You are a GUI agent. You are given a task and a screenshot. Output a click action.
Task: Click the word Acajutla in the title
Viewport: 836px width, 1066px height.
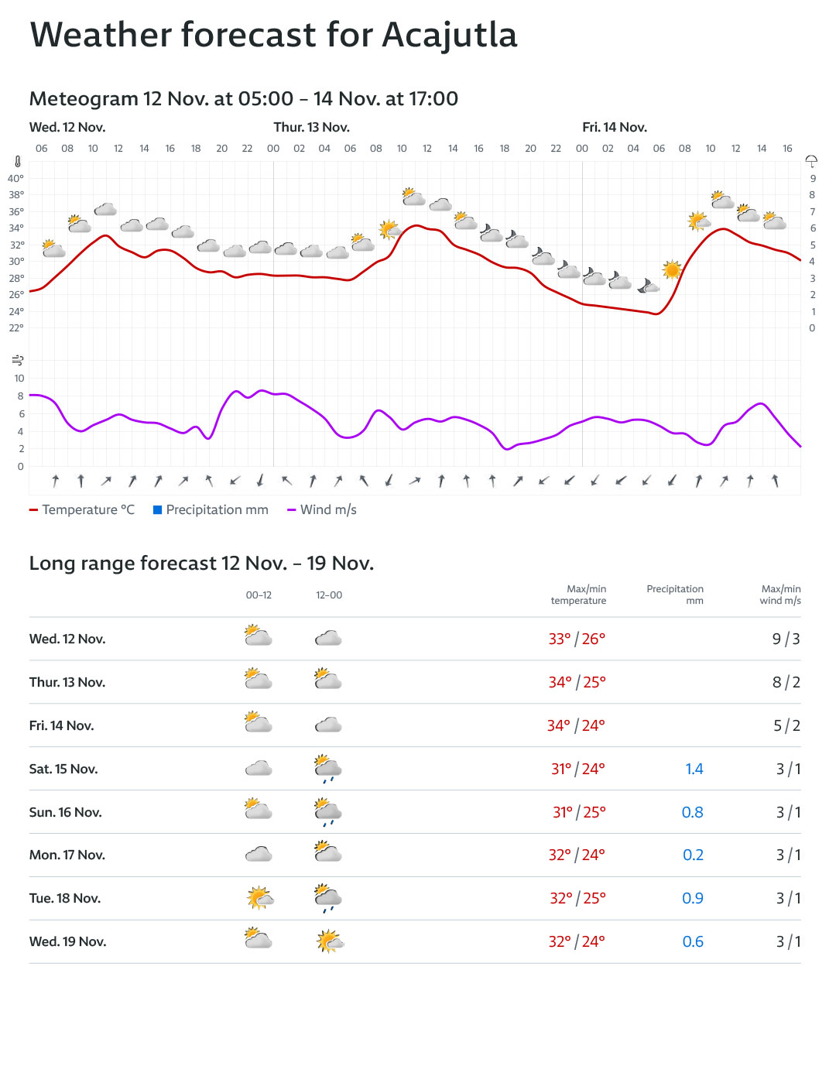[x=449, y=36]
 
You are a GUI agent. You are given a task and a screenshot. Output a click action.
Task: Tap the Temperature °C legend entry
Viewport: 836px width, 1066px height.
[x=82, y=509]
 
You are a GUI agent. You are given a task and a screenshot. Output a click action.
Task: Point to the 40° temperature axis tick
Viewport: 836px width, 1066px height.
[x=15, y=178]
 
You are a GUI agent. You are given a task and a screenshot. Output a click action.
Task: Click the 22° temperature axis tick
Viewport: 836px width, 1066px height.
[x=15, y=327]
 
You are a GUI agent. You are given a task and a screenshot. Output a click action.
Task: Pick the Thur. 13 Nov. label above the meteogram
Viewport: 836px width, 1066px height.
[x=311, y=127]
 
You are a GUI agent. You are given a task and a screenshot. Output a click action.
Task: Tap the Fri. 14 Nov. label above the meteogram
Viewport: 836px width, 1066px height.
[x=615, y=127]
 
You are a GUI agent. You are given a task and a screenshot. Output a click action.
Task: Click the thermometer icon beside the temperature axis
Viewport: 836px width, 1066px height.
[x=18, y=162]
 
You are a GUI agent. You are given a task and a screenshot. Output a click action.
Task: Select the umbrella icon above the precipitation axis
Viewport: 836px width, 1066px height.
[x=811, y=161]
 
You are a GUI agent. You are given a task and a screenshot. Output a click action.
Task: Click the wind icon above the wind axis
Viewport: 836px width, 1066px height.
[x=18, y=360]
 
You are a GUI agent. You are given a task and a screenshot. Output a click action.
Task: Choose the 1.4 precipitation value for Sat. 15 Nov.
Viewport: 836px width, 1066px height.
[x=694, y=769]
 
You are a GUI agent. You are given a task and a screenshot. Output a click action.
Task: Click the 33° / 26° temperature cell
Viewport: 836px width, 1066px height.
[x=577, y=639]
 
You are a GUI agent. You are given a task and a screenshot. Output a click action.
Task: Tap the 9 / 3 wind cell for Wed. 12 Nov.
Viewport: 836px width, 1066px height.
[x=786, y=639]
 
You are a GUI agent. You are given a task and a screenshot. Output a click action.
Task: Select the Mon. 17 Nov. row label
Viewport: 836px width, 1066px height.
[x=67, y=855]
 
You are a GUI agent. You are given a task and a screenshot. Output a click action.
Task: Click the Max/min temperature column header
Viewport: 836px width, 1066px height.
[x=578, y=595]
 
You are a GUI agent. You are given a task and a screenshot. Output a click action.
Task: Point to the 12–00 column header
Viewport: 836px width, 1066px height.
[x=329, y=595]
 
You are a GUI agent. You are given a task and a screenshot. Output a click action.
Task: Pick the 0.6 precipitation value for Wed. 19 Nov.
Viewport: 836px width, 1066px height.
[x=693, y=941]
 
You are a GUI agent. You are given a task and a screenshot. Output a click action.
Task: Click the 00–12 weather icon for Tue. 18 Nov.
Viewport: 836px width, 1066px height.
[x=259, y=898]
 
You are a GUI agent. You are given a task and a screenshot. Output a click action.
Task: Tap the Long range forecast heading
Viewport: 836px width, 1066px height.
[x=201, y=563]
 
